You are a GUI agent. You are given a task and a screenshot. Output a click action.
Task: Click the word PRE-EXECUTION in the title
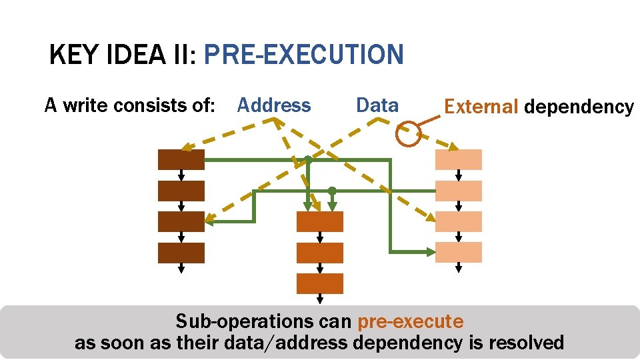(x=303, y=55)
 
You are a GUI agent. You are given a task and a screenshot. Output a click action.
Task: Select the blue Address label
(x=274, y=105)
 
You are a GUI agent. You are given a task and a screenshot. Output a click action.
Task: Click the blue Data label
(x=377, y=105)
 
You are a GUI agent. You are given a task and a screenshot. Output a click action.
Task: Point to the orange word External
(x=481, y=107)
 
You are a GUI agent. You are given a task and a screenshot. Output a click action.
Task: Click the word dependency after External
(x=579, y=107)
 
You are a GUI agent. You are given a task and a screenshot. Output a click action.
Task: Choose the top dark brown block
(x=181, y=160)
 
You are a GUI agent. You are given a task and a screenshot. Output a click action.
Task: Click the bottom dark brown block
(x=181, y=253)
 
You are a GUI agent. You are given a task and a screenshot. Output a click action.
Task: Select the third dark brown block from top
(x=181, y=222)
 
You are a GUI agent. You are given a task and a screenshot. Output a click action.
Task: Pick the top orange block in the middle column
(x=320, y=222)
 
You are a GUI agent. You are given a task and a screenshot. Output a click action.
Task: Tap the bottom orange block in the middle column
(x=320, y=283)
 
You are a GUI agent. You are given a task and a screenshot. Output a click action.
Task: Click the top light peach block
(x=458, y=160)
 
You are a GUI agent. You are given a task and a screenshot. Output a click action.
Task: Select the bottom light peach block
(x=458, y=253)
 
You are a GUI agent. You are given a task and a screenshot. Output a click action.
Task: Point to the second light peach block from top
(x=458, y=191)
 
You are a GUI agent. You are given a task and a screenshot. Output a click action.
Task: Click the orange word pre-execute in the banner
(x=410, y=322)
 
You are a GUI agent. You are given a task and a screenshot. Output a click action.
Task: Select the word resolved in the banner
(x=526, y=343)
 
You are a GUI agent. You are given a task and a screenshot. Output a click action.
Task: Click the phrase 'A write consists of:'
(x=129, y=105)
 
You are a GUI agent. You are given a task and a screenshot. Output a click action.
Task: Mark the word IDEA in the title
(x=135, y=55)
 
